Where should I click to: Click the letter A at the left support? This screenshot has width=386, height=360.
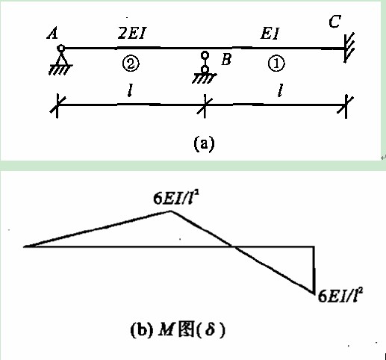[52, 34]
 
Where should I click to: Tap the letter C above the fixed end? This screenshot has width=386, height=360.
[334, 22]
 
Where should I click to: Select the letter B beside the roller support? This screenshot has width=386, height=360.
[226, 59]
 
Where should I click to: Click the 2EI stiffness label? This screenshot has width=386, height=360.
[131, 33]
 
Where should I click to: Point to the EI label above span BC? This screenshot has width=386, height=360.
[270, 33]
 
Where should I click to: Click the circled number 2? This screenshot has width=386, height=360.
[131, 63]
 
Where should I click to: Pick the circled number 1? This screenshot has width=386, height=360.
[276, 63]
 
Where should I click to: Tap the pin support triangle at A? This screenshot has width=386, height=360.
[60, 59]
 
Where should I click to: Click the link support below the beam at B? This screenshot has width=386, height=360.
[205, 67]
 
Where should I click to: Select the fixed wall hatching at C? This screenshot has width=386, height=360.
[349, 48]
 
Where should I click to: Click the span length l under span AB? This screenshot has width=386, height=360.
[130, 90]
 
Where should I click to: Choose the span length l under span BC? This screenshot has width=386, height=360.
[281, 90]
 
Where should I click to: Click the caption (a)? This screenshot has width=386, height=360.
[204, 144]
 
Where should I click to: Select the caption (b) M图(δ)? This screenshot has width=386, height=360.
[178, 329]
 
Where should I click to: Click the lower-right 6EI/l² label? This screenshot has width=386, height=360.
[340, 295]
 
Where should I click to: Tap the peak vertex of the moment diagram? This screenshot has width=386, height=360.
[171, 211]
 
